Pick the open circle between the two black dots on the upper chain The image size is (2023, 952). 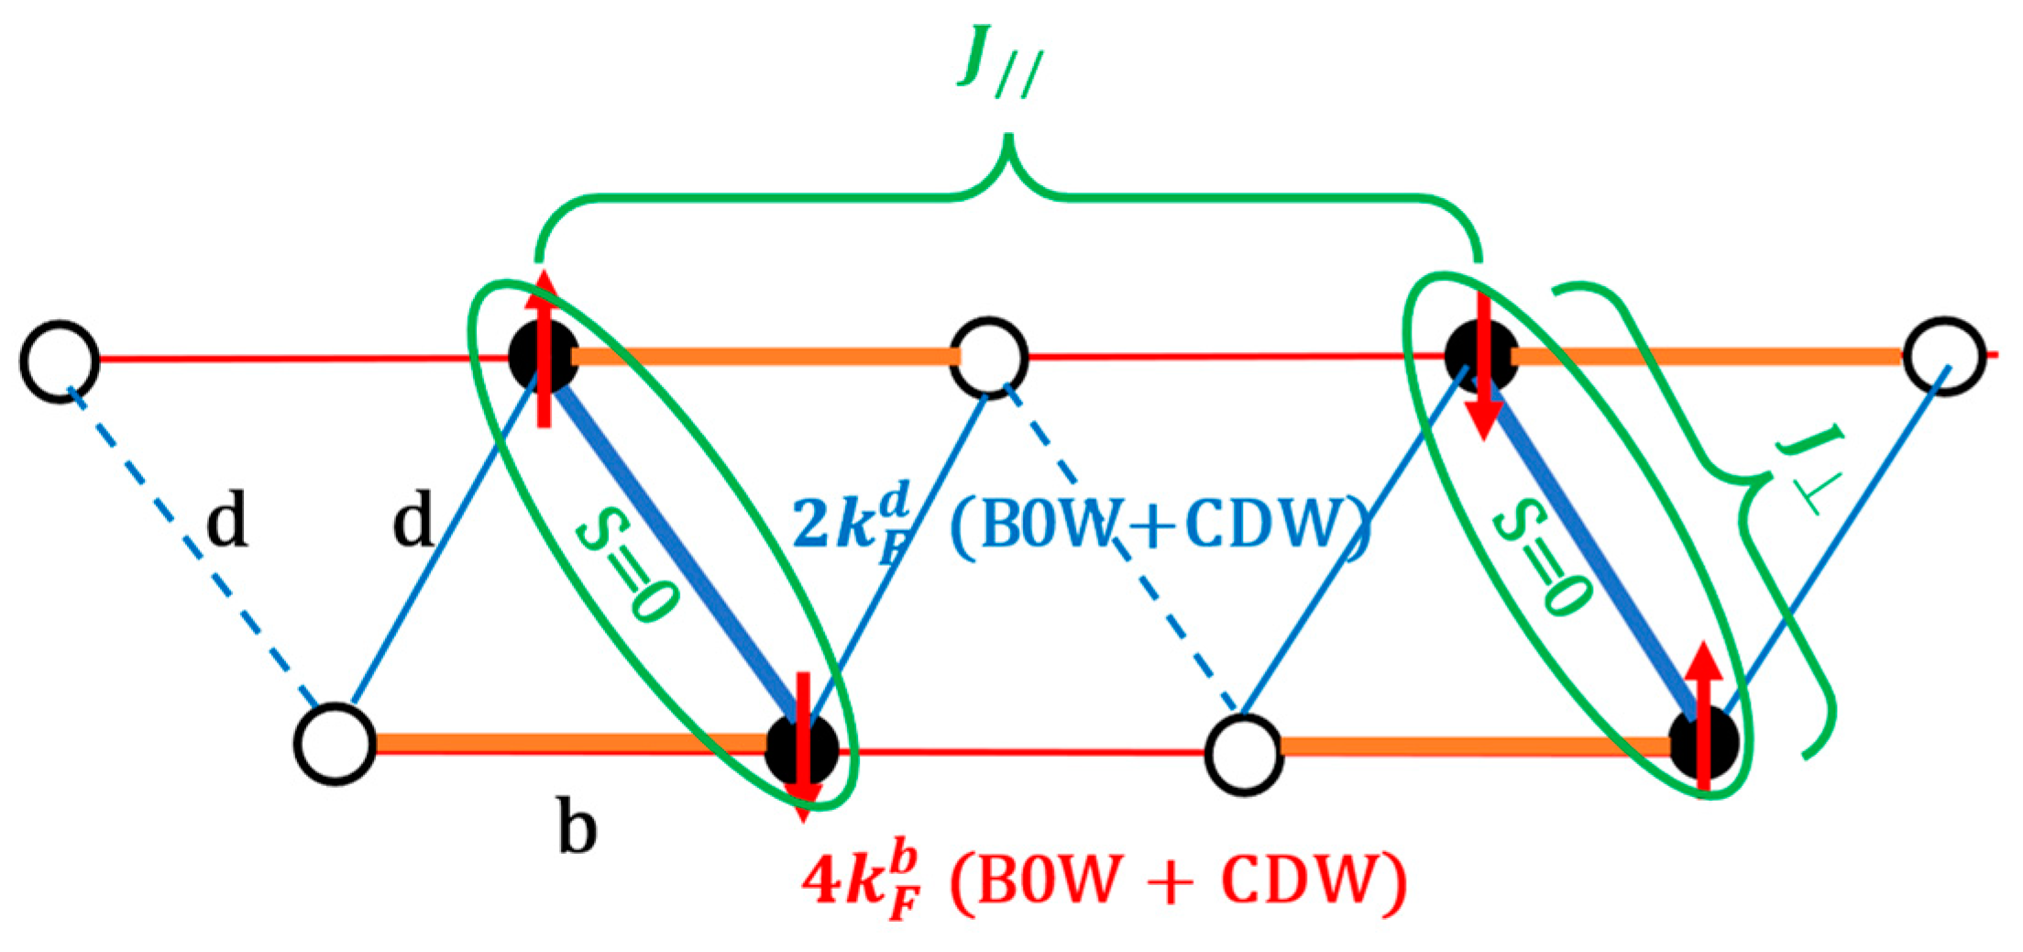tap(989, 357)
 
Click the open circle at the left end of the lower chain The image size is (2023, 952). tap(335, 744)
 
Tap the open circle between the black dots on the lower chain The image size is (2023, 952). tap(1243, 753)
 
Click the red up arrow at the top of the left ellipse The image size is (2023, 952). tap(544, 349)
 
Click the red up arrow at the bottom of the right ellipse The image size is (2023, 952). tap(1704, 715)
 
